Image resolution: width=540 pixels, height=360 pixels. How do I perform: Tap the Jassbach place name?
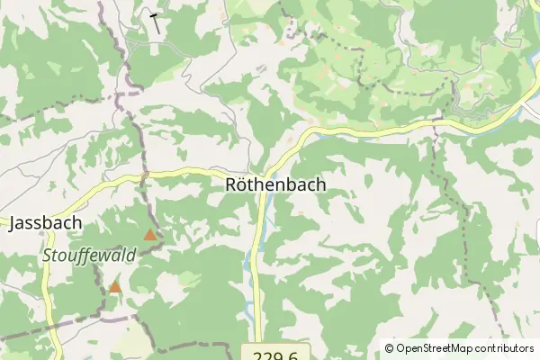coord(46,223)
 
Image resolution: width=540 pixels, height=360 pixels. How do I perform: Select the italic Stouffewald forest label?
coord(88,255)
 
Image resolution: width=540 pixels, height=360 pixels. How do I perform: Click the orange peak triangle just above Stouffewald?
coord(149,236)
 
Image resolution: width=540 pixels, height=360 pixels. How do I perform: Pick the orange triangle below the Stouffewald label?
coord(115,288)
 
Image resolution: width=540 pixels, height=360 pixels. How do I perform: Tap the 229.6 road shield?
coord(275,353)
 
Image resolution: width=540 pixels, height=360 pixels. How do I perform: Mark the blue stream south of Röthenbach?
coord(247,261)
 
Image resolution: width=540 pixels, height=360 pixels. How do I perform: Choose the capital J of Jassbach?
coord(13,223)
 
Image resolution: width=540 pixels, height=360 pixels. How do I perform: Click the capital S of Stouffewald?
coord(48,255)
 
